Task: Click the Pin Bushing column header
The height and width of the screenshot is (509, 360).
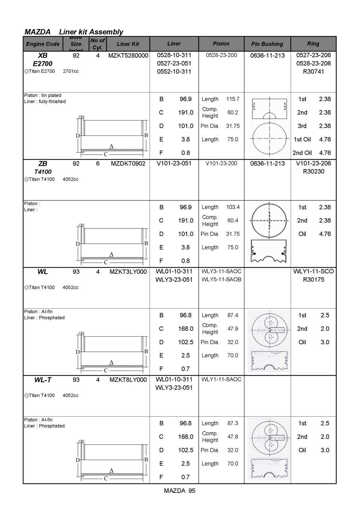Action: [267, 44]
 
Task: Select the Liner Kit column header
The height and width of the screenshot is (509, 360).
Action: [128, 44]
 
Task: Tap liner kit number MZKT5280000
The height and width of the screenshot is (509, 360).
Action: [128, 55]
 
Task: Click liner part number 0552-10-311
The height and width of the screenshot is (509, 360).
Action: [174, 72]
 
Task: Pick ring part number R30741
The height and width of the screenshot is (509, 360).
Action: [313, 72]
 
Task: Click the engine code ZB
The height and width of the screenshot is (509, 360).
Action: [43, 163]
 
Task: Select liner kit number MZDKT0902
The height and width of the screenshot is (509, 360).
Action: [128, 164]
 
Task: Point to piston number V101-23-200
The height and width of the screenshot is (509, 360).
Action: [221, 163]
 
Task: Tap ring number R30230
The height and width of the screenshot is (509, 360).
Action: [313, 172]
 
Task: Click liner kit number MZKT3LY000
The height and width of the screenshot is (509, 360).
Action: [128, 272]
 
